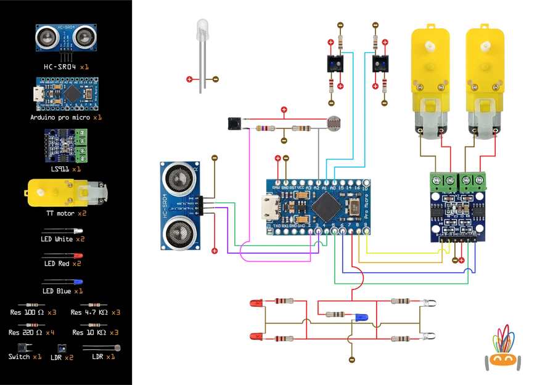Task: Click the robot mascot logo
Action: [x=504, y=349]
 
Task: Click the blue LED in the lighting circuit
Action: [x=360, y=317]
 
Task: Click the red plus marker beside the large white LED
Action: [x=189, y=79]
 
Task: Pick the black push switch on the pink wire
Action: [x=235, y=123]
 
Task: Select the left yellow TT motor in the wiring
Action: [x=429, y=80]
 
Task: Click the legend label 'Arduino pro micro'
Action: [x=61, y=116]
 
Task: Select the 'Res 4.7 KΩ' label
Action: [x=90, y=312]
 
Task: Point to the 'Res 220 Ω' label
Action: [x=27, y=332]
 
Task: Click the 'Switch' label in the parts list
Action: [x=20, y=357]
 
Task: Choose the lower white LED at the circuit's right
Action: [x=430, y=337]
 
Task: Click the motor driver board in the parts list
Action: [x=65, y=145]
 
